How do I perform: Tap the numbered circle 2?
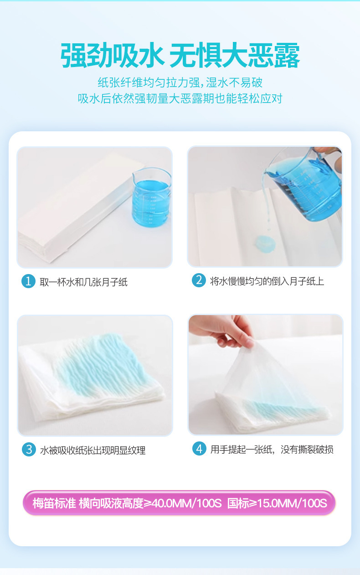click(199, 280)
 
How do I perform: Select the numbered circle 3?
click(29, 449)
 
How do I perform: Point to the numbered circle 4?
click(200, 449)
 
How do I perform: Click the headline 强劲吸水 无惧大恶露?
click(180, 55)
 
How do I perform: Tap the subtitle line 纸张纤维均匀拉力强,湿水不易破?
click(180, 83)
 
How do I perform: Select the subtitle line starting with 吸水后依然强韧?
click(180, 98)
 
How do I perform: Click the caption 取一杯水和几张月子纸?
click(84, 282)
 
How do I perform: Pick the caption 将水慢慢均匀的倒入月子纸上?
click(267, 281)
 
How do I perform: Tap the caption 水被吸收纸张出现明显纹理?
click(93, 450)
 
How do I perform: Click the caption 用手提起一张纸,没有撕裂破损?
click(272, 450)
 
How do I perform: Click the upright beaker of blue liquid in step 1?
click(151, 197)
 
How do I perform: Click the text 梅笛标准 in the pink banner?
click(54, 503)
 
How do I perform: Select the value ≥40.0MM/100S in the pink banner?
click(182, 503)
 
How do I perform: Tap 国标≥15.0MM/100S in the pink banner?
click(277, 503)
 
